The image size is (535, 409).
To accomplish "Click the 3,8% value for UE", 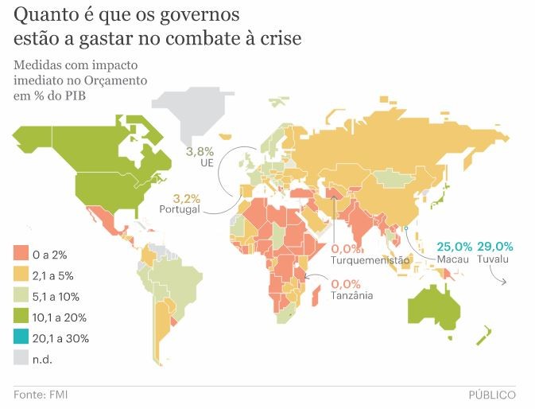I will (200, 150).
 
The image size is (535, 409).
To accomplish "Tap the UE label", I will (207, 163).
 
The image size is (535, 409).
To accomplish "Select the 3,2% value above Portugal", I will (186, 197).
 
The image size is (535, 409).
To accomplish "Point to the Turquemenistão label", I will (370, 260).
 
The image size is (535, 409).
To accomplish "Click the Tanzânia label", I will (352, 296).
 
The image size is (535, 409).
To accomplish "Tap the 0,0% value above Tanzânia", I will (346, 283).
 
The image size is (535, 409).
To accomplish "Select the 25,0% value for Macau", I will (456, 246).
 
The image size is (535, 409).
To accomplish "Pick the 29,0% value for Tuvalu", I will (495, 246).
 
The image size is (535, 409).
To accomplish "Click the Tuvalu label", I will (494, 259).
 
